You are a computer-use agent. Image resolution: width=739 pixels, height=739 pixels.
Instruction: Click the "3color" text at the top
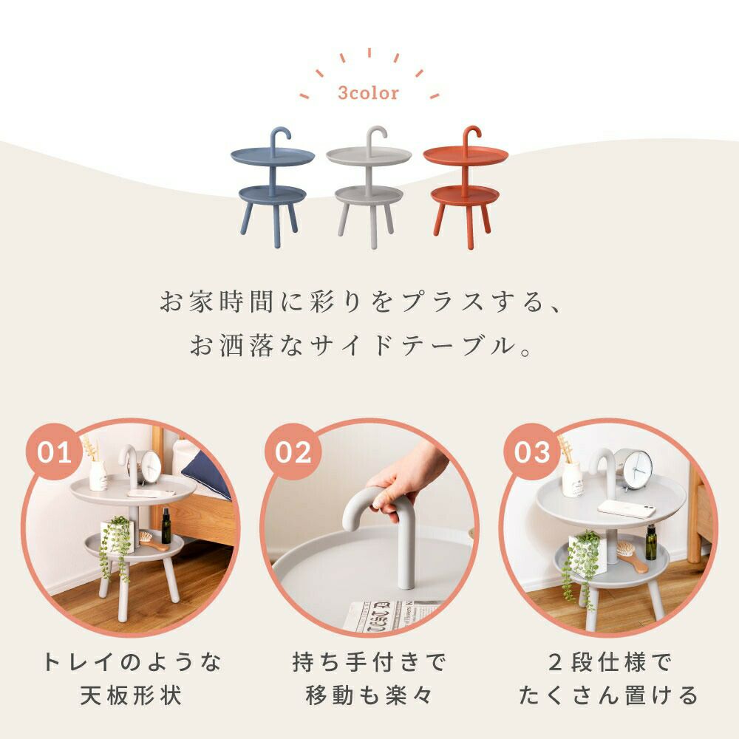click(x=368, y=93)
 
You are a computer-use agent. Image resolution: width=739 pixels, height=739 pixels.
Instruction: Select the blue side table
click(x=273, y=187)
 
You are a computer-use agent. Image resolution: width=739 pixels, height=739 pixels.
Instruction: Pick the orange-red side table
click(x=466, y=187)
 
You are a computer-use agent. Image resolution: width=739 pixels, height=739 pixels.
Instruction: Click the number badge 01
click(x=54, y=452)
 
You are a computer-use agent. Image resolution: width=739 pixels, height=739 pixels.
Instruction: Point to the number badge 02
click(x=293, y=452)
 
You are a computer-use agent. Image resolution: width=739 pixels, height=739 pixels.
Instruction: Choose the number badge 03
click(x=532, y=452)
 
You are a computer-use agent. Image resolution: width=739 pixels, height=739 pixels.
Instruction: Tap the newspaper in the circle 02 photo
click(x=391, y=614)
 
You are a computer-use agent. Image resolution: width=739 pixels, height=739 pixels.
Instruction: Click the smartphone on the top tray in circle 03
click(x=627, y=508)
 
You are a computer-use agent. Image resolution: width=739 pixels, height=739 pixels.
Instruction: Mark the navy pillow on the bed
click(x=208, y=474)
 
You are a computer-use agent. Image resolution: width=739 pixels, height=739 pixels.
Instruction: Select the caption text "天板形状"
click(x=131, y=695)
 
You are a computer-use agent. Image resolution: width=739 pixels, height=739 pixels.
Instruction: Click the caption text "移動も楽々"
click(x=369, y=695)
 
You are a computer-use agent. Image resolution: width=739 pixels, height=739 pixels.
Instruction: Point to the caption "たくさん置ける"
click(x=608, y=695)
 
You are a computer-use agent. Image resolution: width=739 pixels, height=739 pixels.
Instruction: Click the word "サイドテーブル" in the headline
click(x=410, y=346)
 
